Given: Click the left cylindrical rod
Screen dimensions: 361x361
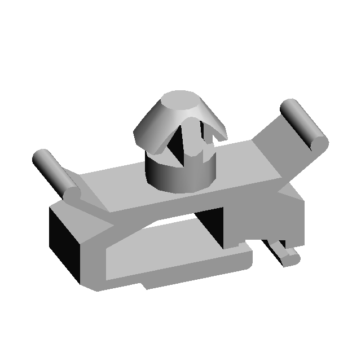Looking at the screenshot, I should click(51, 169).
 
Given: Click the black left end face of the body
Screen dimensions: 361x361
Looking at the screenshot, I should click(65, 240).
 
